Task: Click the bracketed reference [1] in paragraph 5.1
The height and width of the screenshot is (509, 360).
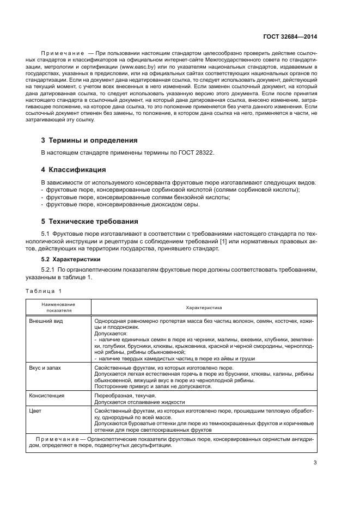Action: (222, 241)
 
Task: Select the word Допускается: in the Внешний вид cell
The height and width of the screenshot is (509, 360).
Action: (111, 333)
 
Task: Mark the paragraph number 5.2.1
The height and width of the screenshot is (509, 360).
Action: (50, 269)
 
